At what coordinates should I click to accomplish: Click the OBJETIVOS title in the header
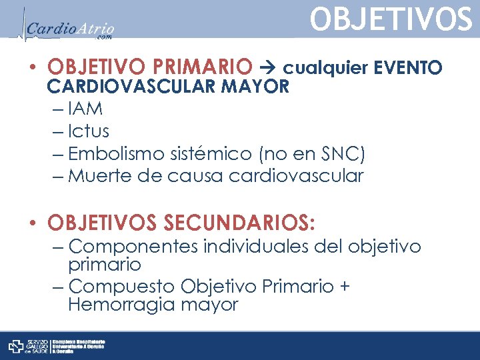pos(391,20)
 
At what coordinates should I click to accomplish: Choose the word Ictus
pos(89,131)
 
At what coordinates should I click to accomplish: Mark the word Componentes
pos(133,247)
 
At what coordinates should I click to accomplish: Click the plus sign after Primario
pos(344,287)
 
